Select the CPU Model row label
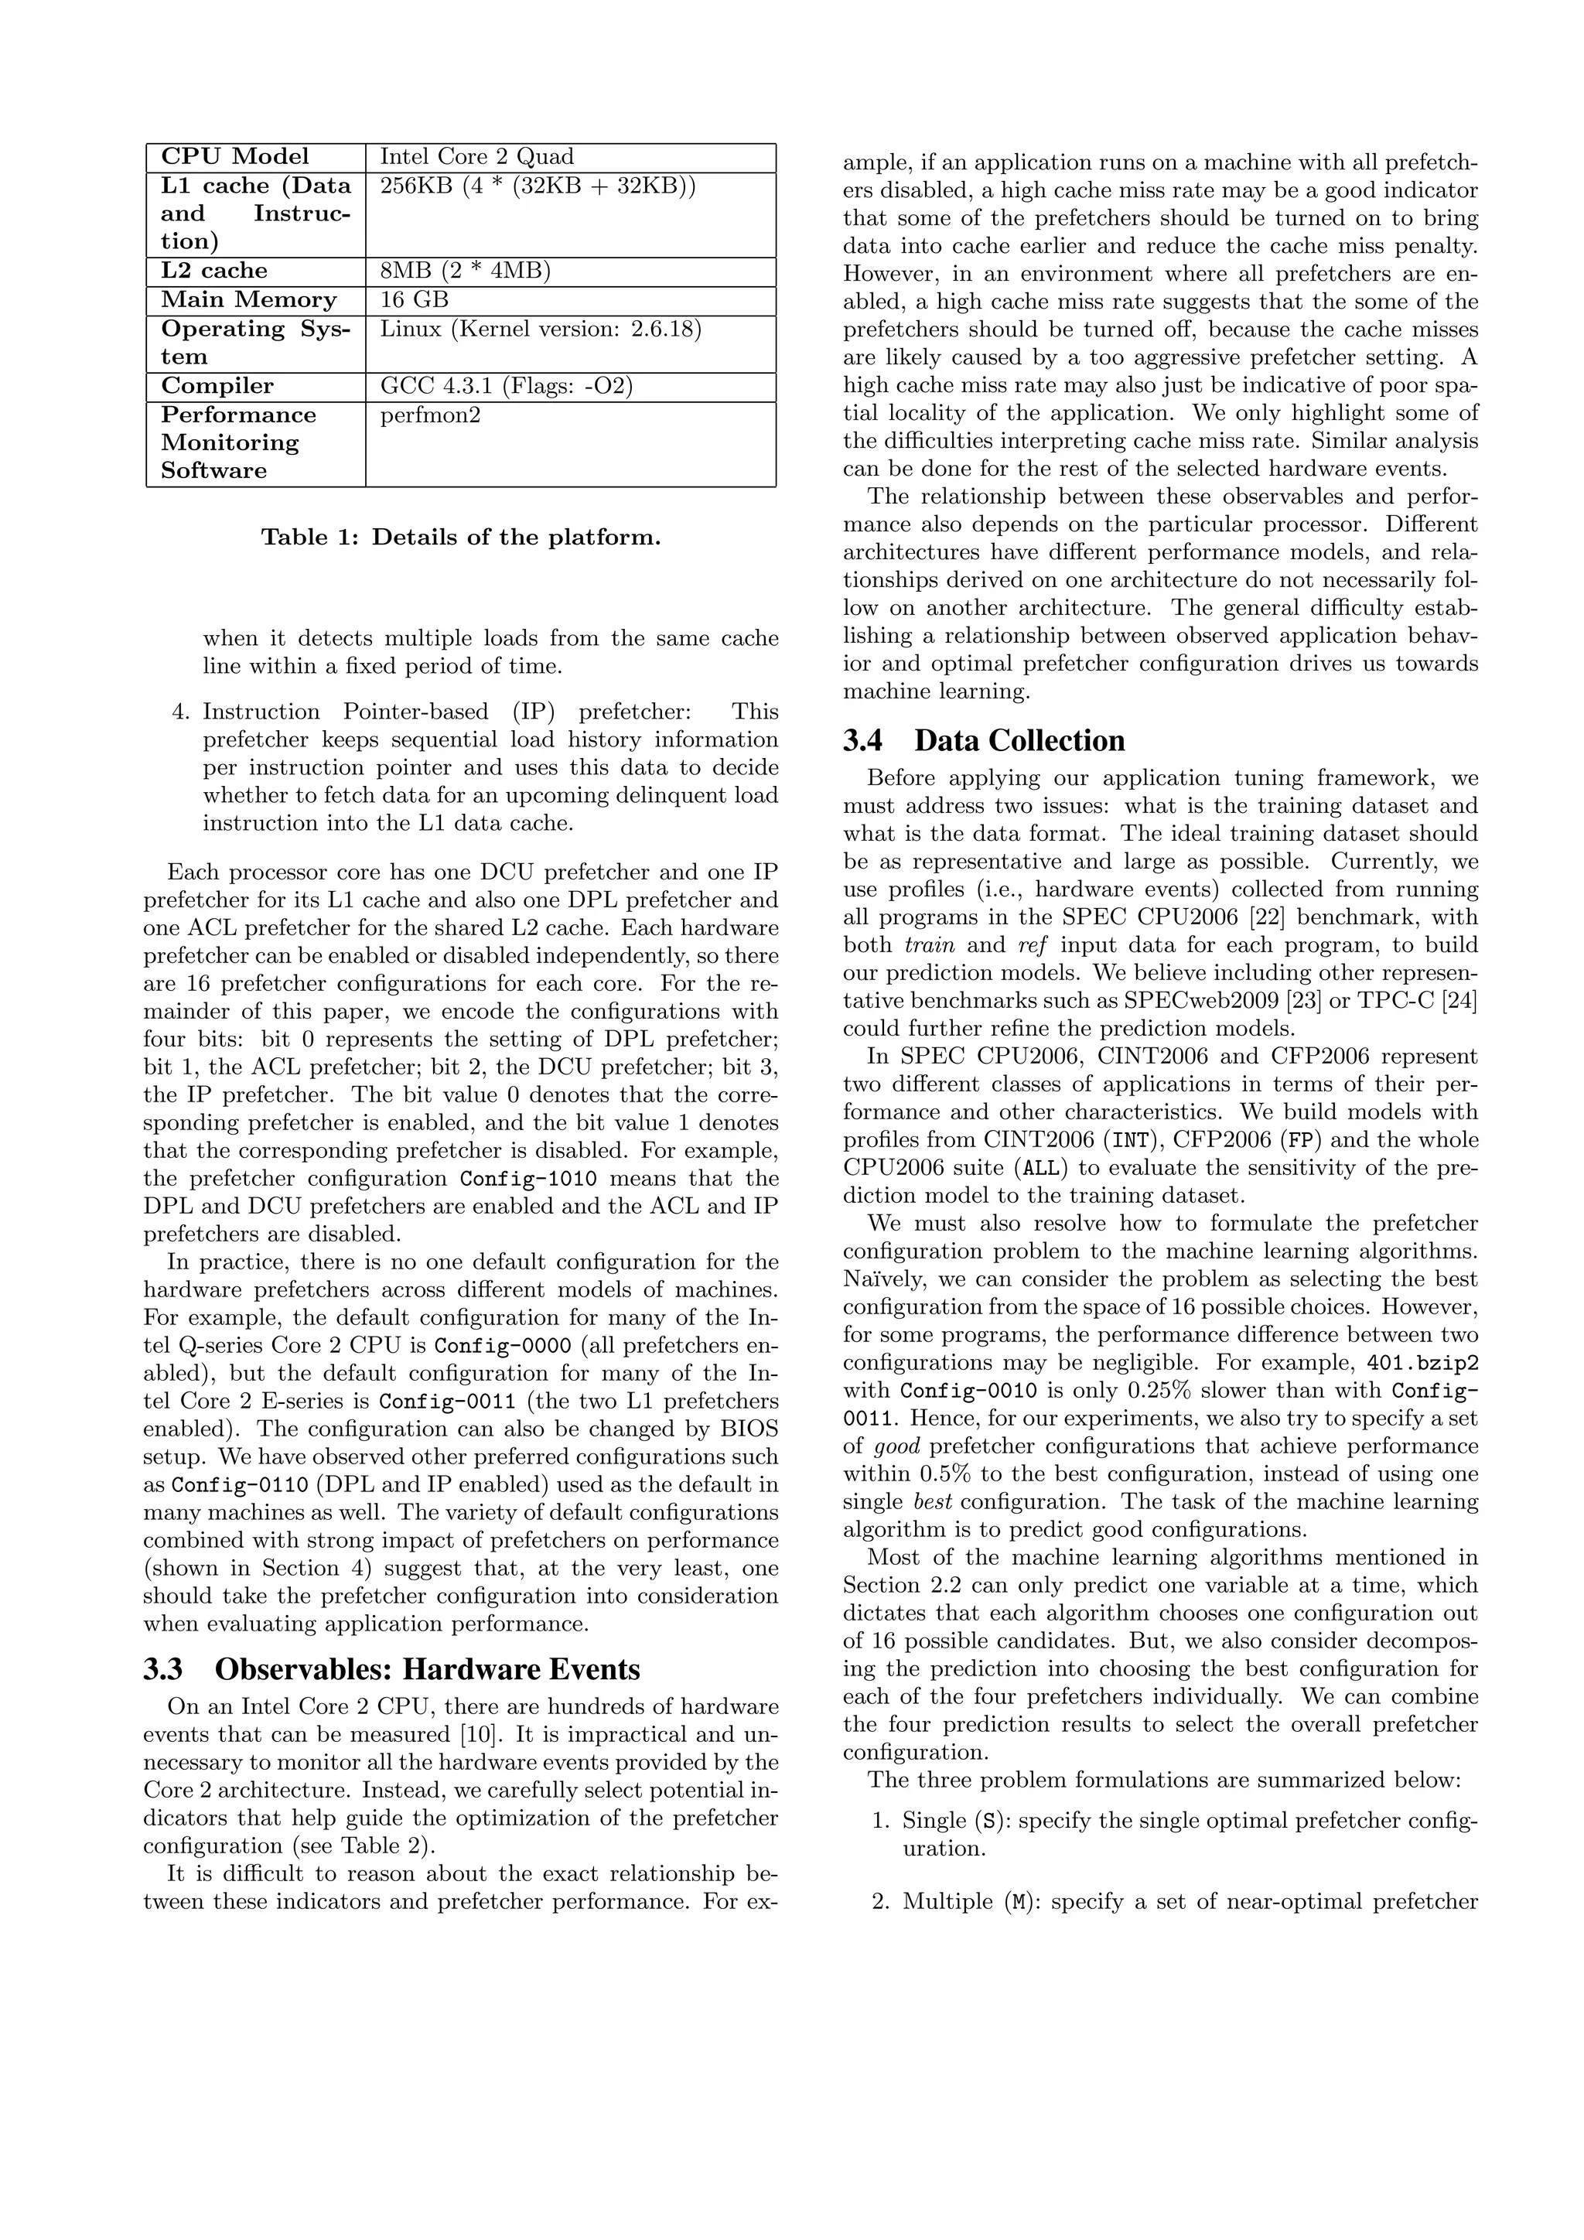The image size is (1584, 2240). coord(234,157)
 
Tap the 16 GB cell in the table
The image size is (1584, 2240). coord(414,299)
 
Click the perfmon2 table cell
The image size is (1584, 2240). coord(430,415)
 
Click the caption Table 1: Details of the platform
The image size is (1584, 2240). coord(460,537)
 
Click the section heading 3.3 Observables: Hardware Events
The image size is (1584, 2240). coord(391,1669)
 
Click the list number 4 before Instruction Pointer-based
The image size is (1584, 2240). coord(179,712)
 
